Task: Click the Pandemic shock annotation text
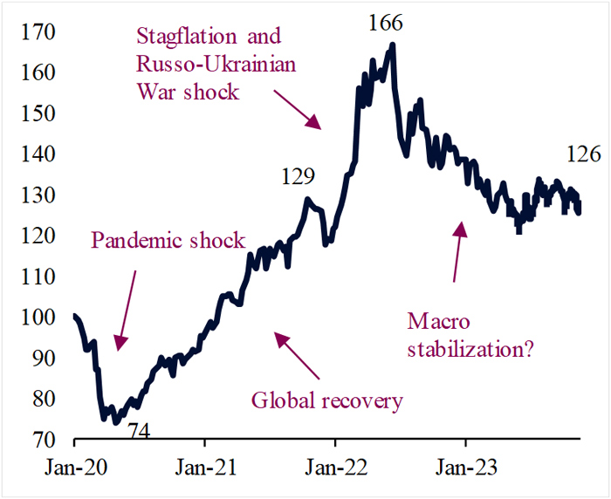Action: (168, 241)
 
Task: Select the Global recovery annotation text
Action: (327, 401)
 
